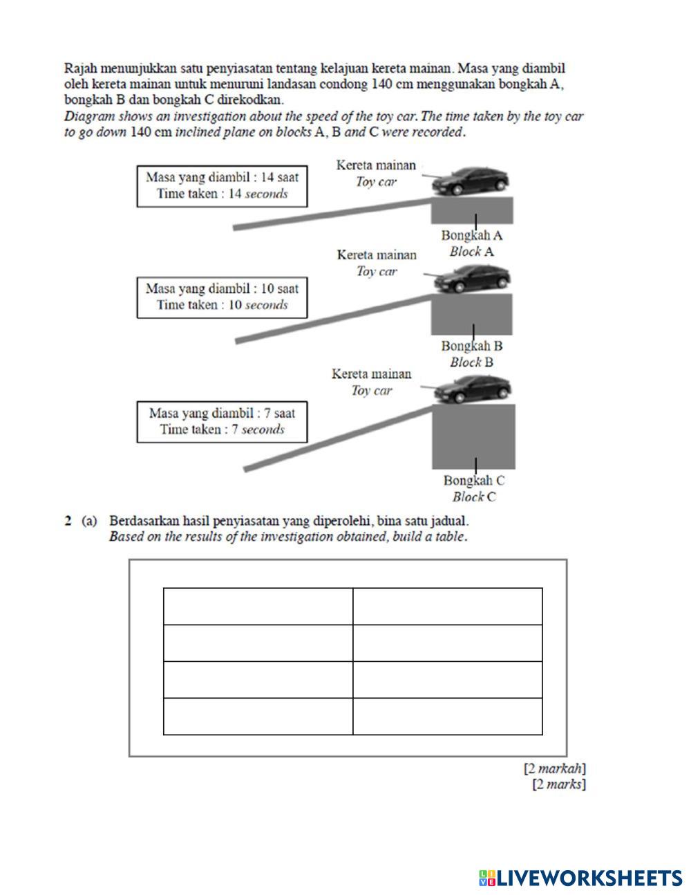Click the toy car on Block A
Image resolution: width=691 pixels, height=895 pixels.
471,181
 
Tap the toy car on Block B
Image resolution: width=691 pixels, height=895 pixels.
472,279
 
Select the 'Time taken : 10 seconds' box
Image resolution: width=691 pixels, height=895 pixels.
222,297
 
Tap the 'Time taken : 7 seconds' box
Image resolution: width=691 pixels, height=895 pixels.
222,422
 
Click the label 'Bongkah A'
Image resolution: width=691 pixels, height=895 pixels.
472,236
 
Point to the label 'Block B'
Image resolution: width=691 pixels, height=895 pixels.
472,362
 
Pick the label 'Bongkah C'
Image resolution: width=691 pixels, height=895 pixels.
474,480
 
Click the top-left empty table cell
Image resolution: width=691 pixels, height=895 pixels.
258,606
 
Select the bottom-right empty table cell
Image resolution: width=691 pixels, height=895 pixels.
447,716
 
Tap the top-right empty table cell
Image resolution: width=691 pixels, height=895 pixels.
447,606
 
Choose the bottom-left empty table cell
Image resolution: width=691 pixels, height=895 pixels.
258,716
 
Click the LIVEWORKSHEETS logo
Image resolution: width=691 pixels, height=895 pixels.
580,878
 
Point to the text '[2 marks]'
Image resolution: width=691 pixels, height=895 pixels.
559,784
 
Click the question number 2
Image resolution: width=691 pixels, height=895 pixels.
68,521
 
